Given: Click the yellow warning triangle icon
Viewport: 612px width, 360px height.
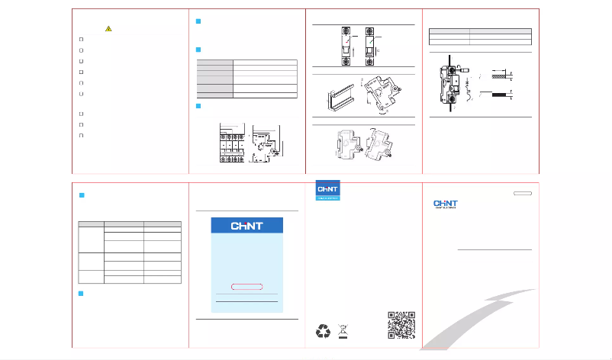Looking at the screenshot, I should click(x=109, y=29).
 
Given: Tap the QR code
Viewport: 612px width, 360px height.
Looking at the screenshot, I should click(x=401, y=325).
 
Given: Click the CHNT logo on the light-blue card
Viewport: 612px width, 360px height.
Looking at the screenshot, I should click(x=246, y=227).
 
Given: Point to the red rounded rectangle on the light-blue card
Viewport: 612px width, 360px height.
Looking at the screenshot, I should click(x=246, y=286).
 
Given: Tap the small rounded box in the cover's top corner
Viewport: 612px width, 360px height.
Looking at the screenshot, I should click(x=522, y=194).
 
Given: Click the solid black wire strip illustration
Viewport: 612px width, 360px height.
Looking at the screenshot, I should click(x=501, y=97).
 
